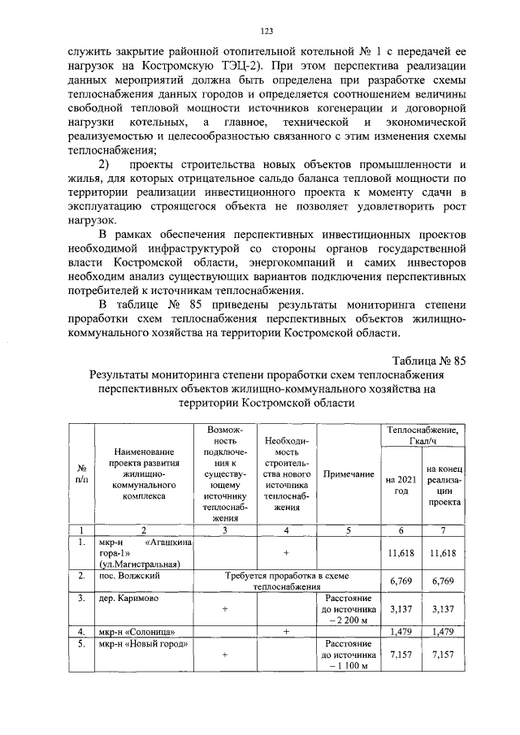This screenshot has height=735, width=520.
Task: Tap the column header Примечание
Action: coord(347,473)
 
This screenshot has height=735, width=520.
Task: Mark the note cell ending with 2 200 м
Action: coord(347,609)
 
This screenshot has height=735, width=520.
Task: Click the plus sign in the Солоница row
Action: coord(286,631)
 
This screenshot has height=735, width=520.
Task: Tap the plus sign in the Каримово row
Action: coord(224,609)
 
